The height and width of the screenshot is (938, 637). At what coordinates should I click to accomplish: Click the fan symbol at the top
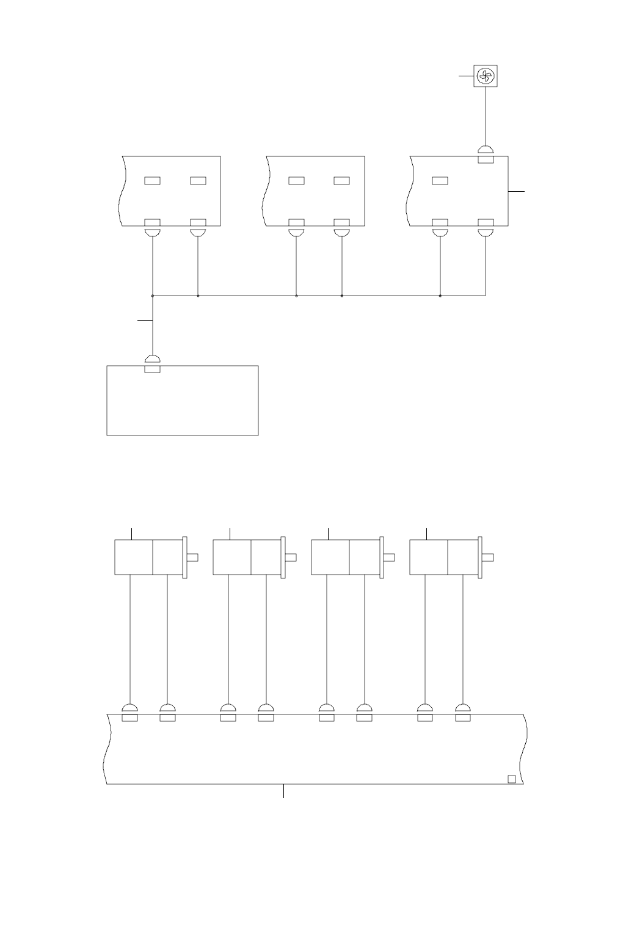[x=485, y=76]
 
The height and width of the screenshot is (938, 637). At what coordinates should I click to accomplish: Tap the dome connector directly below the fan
[x=486, y=150]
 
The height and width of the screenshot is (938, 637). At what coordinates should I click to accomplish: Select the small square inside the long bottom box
[x=512, y=779]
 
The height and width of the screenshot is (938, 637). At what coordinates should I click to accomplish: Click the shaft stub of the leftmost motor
[x=193, y=556]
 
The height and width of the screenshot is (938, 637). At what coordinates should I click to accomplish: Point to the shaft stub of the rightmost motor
[x=487, y=556]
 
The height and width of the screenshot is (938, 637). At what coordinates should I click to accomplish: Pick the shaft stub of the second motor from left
[x=291, y=556]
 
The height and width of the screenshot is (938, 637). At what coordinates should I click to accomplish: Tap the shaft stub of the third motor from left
[x=389, y=556]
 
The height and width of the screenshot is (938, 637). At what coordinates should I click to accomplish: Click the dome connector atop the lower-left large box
[x=152, y=359]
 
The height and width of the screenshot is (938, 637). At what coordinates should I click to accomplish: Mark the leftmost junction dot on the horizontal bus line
[x=152, y=296]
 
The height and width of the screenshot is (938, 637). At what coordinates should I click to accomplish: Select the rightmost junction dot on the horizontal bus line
[x=440, y=296]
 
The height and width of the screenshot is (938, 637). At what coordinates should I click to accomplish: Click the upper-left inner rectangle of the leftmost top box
[x=152, y=180]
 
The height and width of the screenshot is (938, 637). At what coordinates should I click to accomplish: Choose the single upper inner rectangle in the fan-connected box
[x=440, y=180]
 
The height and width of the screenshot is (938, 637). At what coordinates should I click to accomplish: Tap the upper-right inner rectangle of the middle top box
[x=341, y=180]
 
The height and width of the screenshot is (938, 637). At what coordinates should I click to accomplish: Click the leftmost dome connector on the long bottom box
[x=129, y=708]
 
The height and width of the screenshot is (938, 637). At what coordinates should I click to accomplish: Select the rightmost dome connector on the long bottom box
[x=463, y=708]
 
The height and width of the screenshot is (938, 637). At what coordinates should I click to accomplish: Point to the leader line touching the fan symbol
[x=467, y=76]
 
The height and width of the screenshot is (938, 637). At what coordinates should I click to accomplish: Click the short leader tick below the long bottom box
[x=284, y=791]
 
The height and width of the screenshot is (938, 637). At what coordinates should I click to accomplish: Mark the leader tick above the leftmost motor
[x=133, y=533]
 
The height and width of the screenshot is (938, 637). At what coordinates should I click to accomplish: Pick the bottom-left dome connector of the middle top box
[x=296, y=233]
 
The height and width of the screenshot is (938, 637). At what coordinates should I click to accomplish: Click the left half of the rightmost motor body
[x=428, y=556]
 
